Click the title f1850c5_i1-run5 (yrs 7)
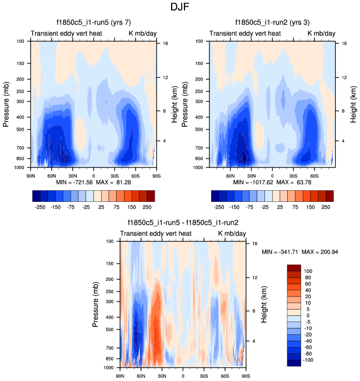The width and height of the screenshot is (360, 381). click(93, 23)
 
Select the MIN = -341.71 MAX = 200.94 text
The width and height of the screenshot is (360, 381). click(300, 253)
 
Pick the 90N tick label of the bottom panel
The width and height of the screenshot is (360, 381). click(120, 377)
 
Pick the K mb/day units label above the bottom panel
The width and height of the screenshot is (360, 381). click(232, 234)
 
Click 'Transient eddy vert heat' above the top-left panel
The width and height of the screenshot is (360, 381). click(62, 33)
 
